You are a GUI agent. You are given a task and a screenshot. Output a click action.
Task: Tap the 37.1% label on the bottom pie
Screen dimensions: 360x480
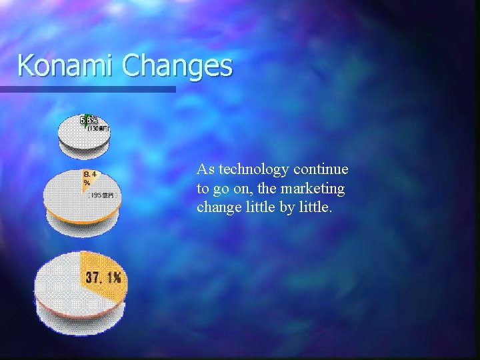[102, 278]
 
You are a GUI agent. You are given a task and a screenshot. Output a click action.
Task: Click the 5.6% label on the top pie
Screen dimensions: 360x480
[88, 120]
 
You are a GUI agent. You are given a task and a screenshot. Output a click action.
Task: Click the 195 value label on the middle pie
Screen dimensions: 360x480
[101, 195]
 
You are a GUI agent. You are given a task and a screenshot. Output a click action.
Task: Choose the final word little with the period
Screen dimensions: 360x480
[313, 207]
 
